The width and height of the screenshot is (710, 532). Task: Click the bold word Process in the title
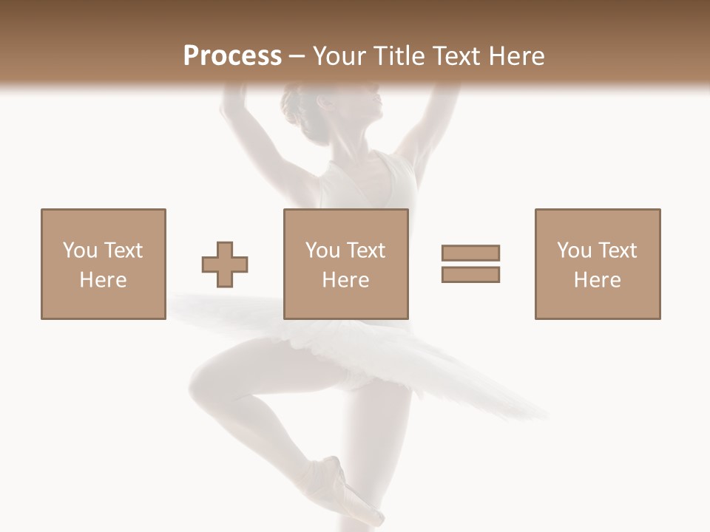point(232,55)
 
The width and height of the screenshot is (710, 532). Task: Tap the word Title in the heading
point(399,55)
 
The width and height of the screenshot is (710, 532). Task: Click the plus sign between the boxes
point(225,265)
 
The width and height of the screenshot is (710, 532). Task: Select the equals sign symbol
point(470,264)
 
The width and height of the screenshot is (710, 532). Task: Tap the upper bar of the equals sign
point(470,253)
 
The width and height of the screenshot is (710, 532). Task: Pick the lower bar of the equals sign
point(470,274)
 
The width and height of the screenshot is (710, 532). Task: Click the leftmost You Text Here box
point(103,264)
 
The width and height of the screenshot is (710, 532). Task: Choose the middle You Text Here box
point(345,264)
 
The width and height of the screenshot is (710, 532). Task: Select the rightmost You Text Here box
point(597,264)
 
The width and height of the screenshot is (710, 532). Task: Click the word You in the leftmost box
point(78,250)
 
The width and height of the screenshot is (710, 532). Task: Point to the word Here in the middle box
point(345,280)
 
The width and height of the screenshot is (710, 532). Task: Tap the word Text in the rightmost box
point(617,250)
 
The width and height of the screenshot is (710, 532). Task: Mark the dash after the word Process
point(297,56)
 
